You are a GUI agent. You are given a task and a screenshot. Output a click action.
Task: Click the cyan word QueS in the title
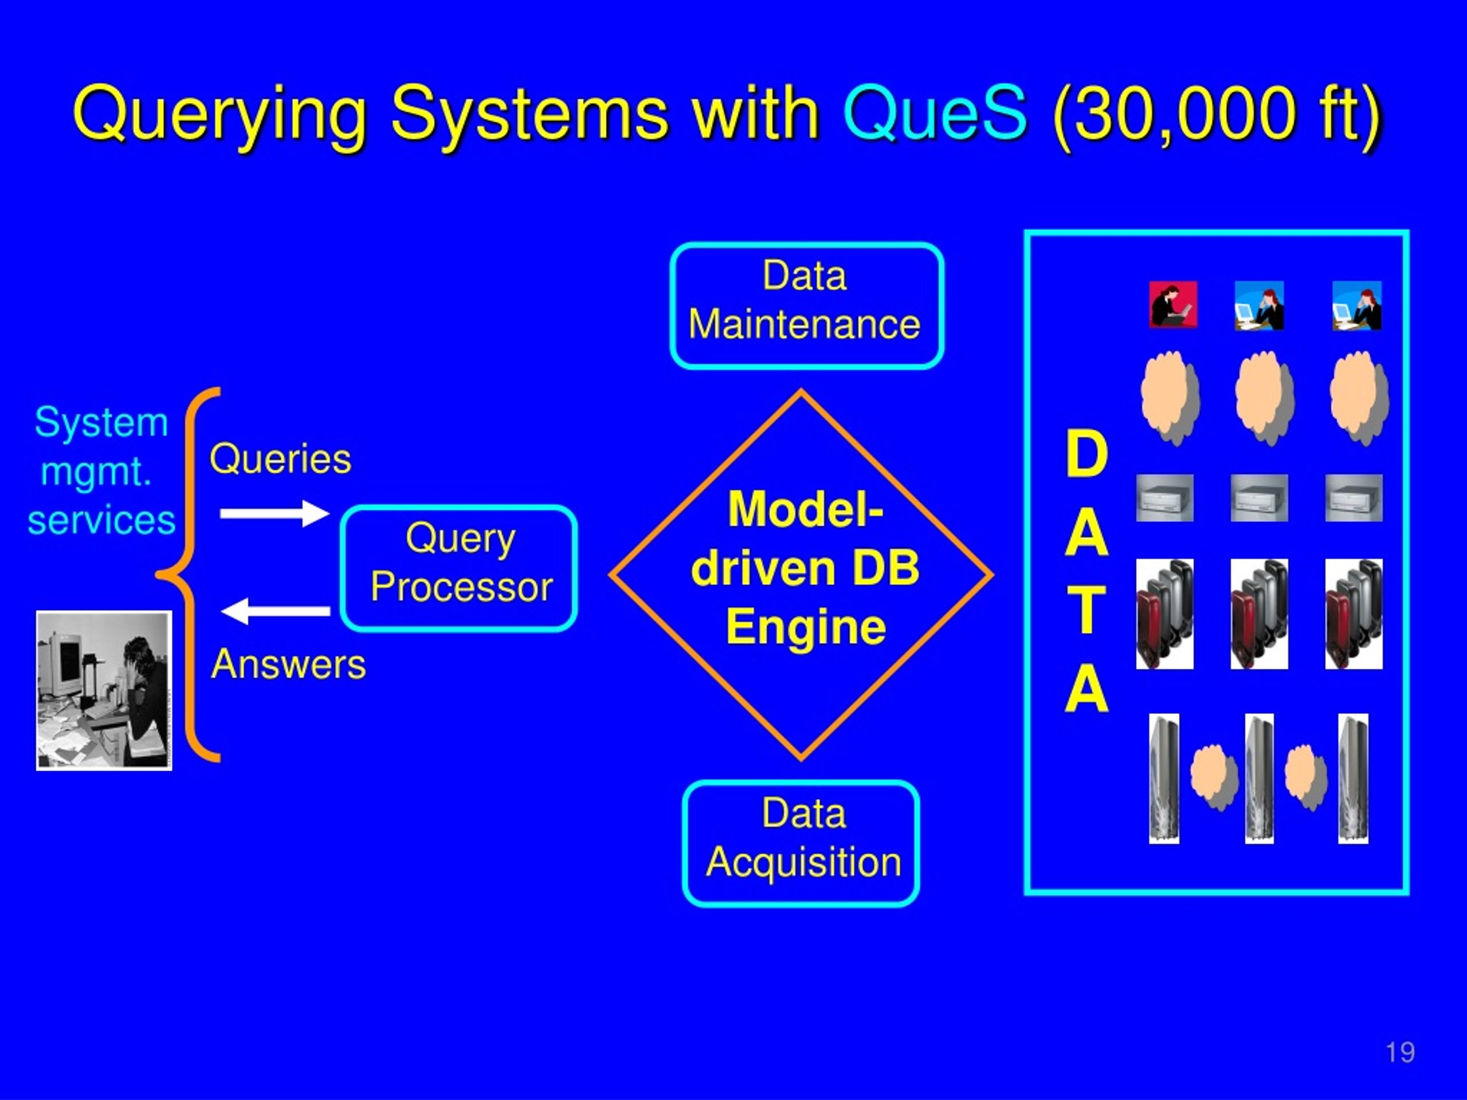coord(935,114)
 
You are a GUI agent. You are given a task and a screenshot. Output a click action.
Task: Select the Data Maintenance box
coord(806,306)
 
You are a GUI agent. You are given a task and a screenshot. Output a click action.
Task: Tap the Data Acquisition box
coord(801,843)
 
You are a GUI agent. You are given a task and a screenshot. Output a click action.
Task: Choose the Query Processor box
coord(459,568)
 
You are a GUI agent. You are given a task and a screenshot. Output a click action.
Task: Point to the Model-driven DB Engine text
coord(805,568)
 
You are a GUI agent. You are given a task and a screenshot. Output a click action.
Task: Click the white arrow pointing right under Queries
coord(274,513)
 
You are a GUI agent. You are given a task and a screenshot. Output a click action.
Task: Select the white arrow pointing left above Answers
coord(274,611)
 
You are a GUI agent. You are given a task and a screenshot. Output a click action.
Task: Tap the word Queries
coord(281,459)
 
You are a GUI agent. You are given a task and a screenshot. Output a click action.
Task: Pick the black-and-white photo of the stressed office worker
coord(104,690)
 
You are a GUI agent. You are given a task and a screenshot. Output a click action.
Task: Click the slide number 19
coord(1400,1052)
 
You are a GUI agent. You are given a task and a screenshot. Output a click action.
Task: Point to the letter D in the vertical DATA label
coord(1086,454)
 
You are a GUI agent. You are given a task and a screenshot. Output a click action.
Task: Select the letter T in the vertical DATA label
coord(1086,611)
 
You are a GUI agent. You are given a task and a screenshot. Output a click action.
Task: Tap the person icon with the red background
coord(1173,304)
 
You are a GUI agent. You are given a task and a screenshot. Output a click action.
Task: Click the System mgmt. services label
coord(101,471)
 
